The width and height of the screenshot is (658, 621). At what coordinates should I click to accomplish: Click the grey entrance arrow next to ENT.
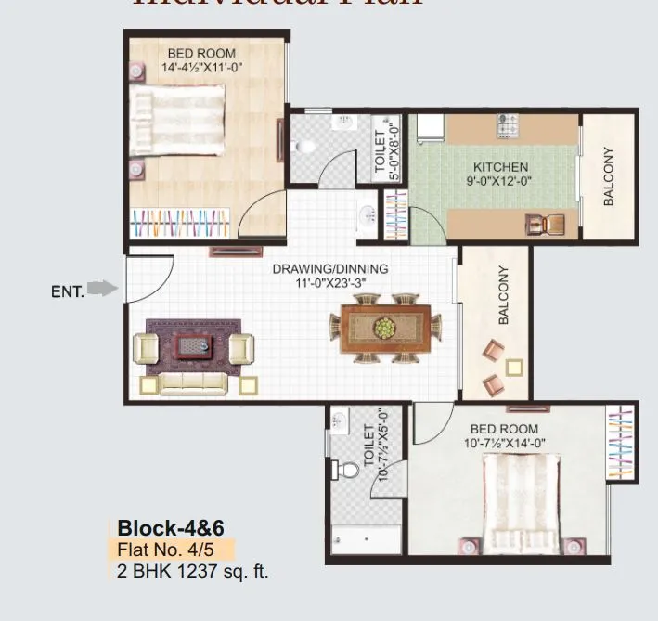click(109, 290)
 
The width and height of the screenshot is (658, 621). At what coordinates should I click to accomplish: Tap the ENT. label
click(68, 291)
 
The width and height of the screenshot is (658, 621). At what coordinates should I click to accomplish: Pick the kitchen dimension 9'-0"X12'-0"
click(500, 182)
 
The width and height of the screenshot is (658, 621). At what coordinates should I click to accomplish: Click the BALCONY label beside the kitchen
click(610, 176)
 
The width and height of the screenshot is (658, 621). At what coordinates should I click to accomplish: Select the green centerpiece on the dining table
click(382, 328)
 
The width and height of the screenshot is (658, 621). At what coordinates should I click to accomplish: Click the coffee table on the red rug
click(194, 345)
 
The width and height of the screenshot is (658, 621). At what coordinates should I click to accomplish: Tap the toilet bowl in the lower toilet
click(348, 471)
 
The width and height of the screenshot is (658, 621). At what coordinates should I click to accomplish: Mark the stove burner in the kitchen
click(507, 121)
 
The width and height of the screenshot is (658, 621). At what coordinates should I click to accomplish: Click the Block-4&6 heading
click(160, 527)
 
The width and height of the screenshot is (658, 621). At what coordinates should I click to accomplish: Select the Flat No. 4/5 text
click(160, 548)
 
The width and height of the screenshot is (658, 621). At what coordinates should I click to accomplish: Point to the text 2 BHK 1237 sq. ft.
click(193, 570)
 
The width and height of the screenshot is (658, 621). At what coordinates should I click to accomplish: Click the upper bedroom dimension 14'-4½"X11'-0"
click(201, 68)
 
